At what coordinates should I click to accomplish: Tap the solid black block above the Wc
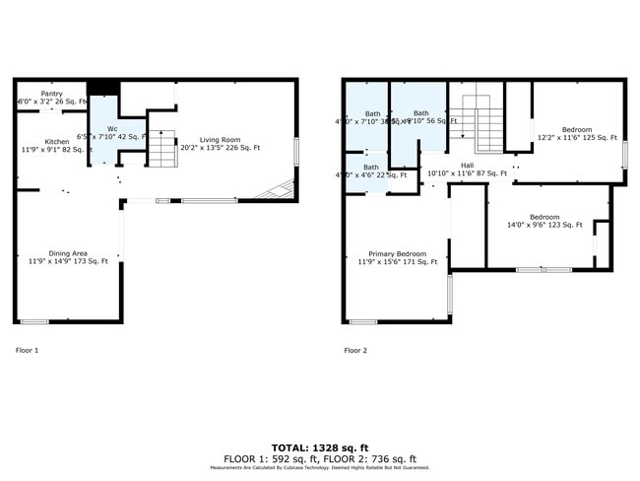coord(102,88)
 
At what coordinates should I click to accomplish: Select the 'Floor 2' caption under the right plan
coord(355,350)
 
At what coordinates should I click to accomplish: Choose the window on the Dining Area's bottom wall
coord(34,321)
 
